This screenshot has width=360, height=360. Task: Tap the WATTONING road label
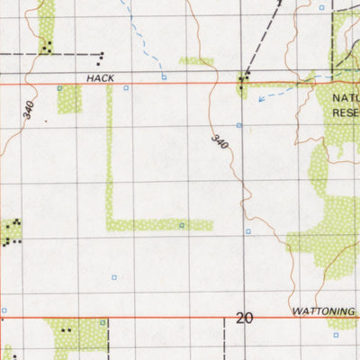coord(324,311)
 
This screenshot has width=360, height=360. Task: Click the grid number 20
coord(244,318)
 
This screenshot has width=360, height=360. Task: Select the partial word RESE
coord(346,112)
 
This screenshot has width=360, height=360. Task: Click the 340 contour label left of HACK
coord(30,112)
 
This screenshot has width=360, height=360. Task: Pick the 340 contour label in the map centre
coord(219,142)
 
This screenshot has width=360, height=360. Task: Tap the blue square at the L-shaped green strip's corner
coord(181,225)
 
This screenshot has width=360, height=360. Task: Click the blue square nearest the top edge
coord(322,7)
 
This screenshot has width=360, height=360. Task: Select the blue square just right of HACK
coord(126,87)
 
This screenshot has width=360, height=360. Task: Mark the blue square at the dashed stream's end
coord(164,77)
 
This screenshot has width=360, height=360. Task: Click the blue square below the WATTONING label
coord(336,334)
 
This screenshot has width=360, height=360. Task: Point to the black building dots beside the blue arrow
coord(242,84)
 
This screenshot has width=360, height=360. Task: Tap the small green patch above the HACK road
coord(196,61)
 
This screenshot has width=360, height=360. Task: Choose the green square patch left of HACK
coord(69,99)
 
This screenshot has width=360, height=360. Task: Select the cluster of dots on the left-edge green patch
coord(11,232)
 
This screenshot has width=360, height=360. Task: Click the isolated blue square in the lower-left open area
coord(113,275)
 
